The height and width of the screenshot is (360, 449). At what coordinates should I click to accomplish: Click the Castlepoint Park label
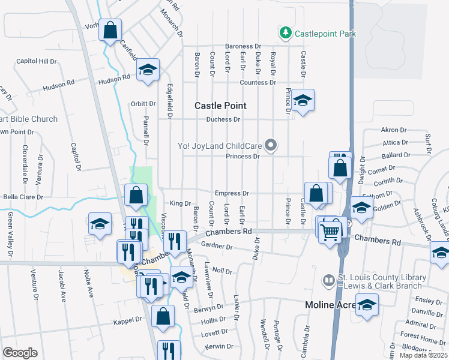(x=325, y=34)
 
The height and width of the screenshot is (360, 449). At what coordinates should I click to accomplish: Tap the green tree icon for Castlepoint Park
(x=286, y=33)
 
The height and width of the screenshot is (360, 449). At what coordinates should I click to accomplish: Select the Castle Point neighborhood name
(x=220, y=106)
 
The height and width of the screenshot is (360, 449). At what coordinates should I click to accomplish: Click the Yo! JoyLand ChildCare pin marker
(x=271, y=145)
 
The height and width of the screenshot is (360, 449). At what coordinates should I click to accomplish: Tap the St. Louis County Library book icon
(x=328, y=280)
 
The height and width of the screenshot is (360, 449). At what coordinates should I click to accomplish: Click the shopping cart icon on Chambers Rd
(x=330, y=231)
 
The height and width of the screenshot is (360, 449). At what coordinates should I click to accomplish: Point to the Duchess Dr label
(x=223, y=119)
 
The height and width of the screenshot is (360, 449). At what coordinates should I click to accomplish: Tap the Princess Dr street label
(x=242, y=157)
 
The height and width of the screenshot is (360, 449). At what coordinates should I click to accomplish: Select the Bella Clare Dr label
(x=23, y=197)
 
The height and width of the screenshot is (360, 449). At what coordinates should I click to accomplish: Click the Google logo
(x=20, y=352)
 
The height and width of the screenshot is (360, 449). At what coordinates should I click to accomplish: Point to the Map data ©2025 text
(x=423, y=355)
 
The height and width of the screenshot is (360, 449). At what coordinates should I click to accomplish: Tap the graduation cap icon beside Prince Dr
(x=304, y=100)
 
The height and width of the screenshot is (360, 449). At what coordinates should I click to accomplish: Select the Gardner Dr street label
(x=217, y=246)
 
